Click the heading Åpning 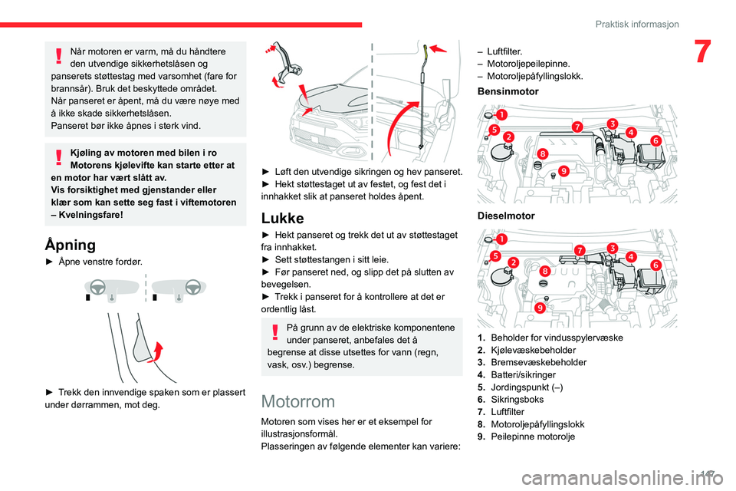(x=71, y=245)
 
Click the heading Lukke (x=283, y=219)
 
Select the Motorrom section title (x=298, y=402)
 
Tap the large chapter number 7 (x=702, y=51)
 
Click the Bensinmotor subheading (x=508, y=91)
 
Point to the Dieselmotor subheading (x=506, y=216)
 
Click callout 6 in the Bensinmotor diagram (x=655, y=140)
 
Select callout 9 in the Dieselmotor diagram (x=540, y=308)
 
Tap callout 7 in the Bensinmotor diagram (x=577, y=127)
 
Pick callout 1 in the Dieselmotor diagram (x=501, y=239)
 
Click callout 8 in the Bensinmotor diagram (x=543, y=153)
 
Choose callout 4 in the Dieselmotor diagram (x=631, y=256)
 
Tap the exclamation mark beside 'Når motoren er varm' (x=59, y=56)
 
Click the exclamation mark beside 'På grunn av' (x=275, y=331)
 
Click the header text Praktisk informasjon (x=637, y=24)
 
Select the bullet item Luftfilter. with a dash (x=500, y=51)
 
